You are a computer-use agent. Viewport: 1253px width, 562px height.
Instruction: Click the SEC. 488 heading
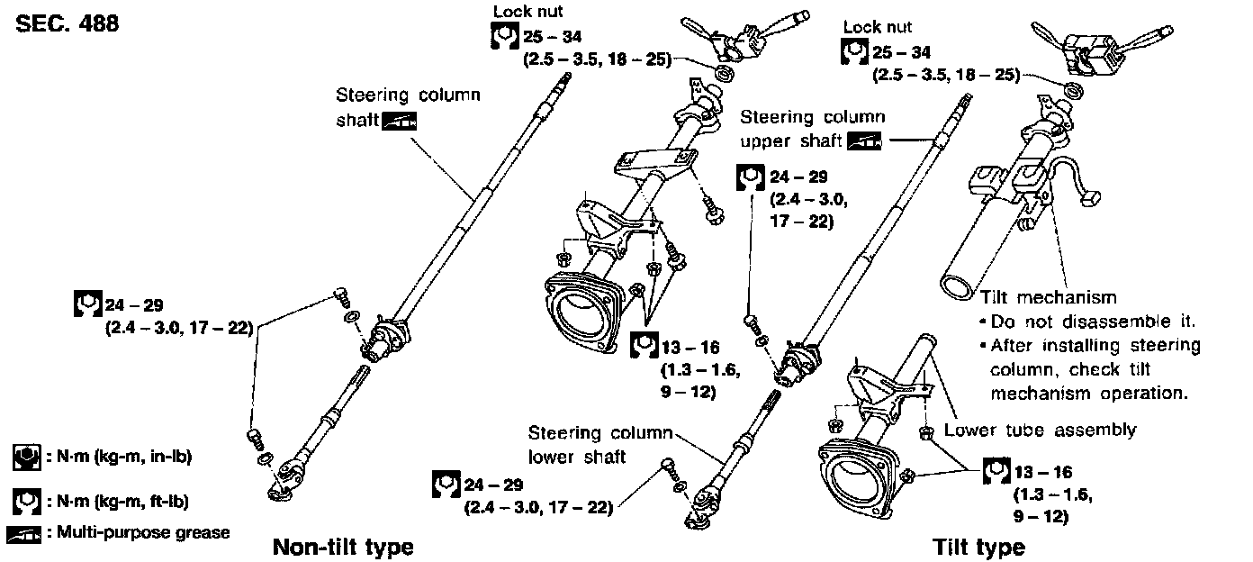(68, 23)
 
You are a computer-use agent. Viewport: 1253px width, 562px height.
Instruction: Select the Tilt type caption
(978, 547)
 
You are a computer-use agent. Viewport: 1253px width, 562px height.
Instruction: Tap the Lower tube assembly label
(1040, 430)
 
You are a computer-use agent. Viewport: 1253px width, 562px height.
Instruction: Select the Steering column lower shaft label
(600, 444)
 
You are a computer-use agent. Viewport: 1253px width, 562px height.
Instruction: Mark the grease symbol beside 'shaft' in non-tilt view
(399, 122)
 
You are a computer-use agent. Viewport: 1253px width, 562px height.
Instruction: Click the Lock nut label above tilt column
(878, 27)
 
